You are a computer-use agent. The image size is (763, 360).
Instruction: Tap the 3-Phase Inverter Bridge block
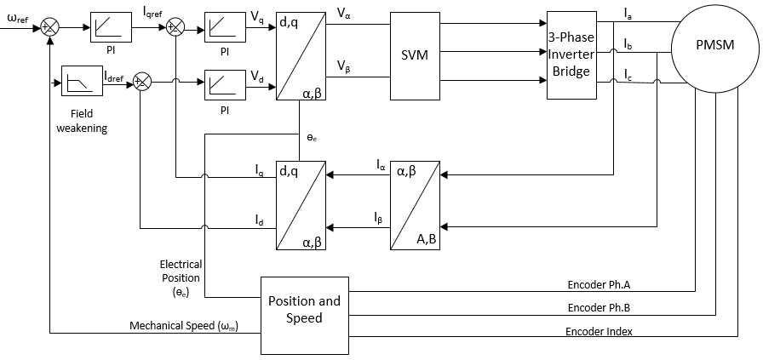coord(571,55)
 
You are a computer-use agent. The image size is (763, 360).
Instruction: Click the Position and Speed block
coord(305,315)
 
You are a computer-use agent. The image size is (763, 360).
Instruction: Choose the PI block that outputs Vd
coord(226,85)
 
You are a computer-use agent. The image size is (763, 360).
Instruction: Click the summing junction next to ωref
coord(49,28)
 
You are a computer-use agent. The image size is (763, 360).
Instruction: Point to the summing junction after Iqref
coord(175,28)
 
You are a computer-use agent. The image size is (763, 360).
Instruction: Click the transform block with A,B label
coord(415,205)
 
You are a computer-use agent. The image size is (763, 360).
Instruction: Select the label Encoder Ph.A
coord(599,285)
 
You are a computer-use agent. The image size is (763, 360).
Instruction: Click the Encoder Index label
coord(599,332)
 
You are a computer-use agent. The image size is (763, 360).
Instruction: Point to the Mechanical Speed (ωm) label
coord(187,325)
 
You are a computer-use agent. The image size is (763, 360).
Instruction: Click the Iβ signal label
coord(378,218)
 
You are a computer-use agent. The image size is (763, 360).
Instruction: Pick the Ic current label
coord(629,74)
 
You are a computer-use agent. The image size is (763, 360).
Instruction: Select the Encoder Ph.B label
coord(599,308)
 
